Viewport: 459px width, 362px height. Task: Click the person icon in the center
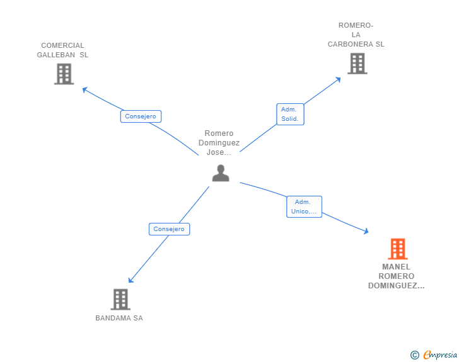coord(221,173)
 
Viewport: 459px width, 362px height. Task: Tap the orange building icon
coord(398,249)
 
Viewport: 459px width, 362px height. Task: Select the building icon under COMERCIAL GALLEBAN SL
coord(64,74)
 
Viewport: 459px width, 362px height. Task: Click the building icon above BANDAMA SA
coord(120,300)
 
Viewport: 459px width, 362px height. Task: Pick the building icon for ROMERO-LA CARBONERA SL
coord(357,64)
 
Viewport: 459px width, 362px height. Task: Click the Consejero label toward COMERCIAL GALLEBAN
coord(141,116)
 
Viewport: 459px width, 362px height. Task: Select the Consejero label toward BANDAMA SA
coord(169,229)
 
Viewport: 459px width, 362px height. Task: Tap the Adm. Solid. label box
coord(291,114)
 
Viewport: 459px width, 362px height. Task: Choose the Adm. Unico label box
coord(304,206)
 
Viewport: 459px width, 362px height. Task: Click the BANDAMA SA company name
coord(119,318)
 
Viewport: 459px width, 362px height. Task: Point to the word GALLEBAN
coord(56,55)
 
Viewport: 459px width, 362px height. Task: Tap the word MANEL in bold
coord(396,267)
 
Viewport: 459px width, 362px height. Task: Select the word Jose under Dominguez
coord(216,152)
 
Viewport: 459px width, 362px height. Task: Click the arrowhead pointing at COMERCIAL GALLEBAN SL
coord(84,89)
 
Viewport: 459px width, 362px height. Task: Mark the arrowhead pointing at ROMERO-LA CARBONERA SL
coord(339,79)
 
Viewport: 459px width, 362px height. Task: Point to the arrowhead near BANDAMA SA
coord(131,280)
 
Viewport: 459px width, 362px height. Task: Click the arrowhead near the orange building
coord(366,231)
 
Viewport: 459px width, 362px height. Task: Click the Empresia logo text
coord(440,354)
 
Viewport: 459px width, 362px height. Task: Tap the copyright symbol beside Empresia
coord(414,355)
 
